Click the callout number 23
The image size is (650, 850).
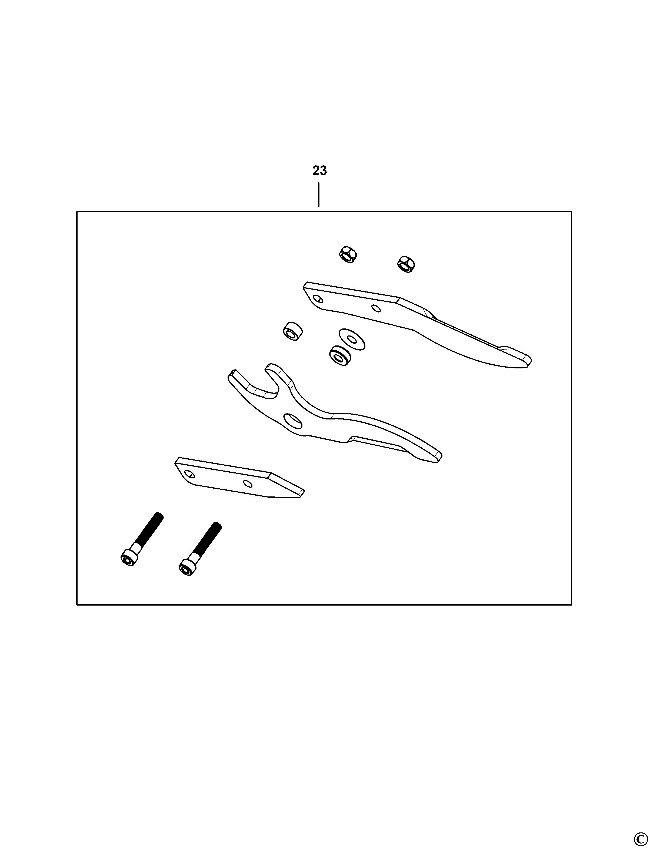tap(319, 170)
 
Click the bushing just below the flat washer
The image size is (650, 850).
tap(340, 356)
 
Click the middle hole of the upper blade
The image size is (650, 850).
tap(376, 308)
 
